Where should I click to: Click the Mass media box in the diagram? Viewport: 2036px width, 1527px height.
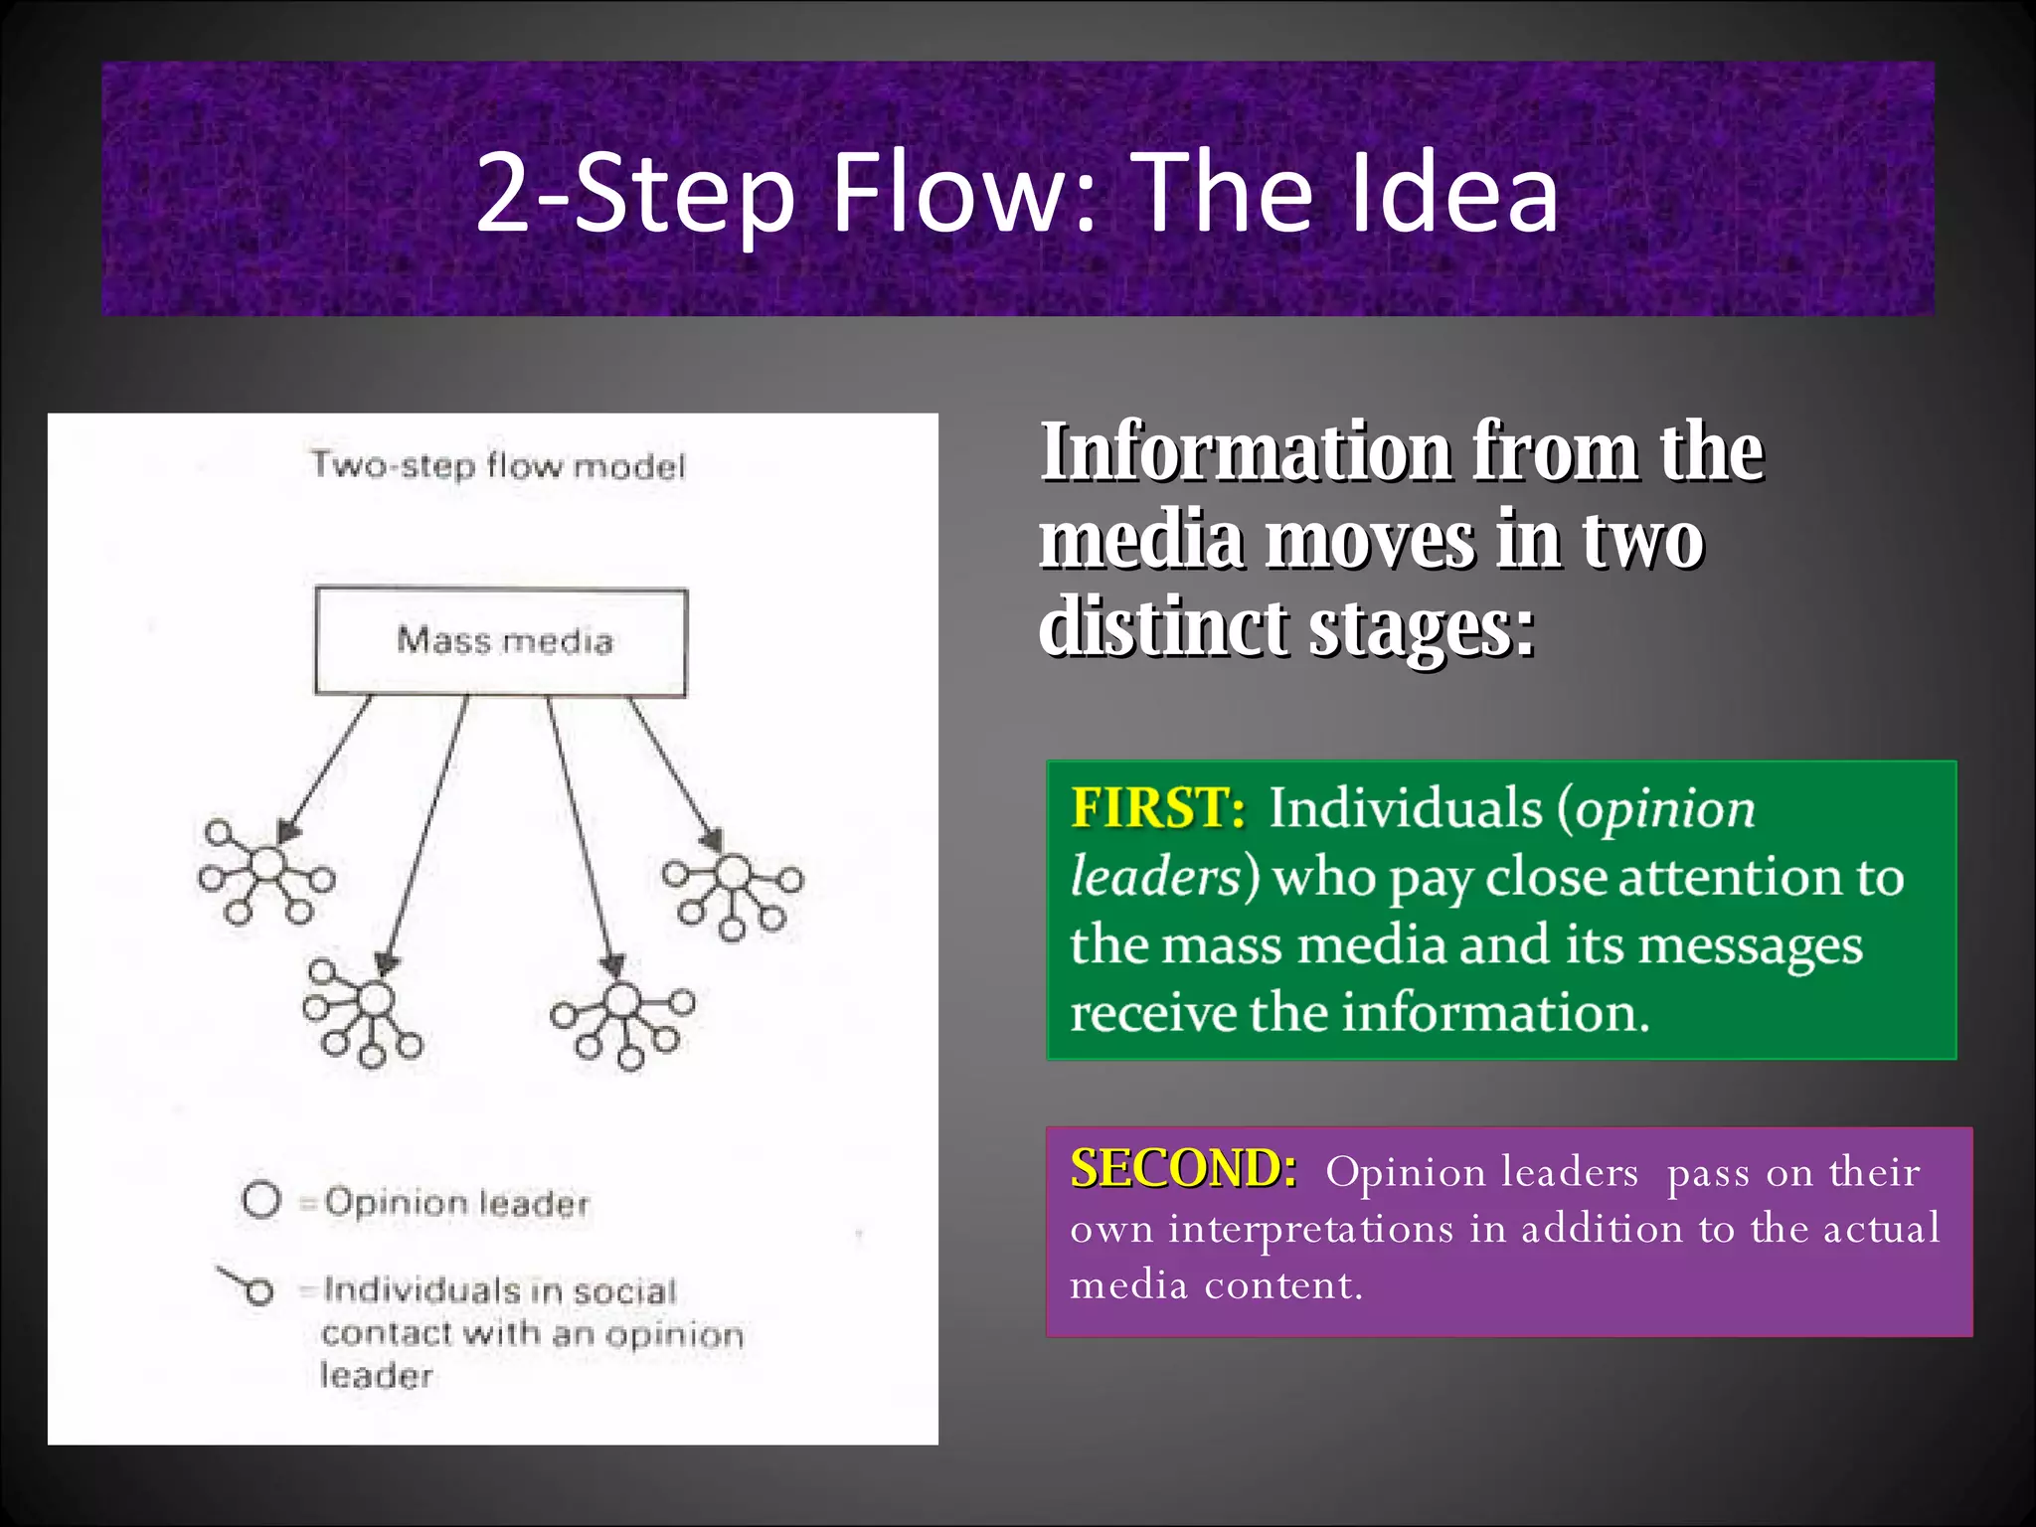pos(501,641)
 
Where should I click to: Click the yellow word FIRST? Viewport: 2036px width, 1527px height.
pos(1157,807)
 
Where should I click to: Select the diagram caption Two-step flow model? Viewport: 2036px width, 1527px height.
pos(498,465)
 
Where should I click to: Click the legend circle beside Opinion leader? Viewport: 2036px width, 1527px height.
pos(261,1200)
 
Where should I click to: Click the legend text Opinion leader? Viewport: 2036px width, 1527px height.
pos(457,1203)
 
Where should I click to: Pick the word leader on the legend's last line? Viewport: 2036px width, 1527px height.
pos(377,1376)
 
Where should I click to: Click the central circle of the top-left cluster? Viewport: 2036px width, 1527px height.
pos(266,865)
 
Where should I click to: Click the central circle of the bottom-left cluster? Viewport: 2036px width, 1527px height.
pos(374,997)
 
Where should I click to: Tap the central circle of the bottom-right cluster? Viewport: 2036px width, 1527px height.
pos(622,999)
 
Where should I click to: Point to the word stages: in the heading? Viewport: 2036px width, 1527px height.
pos(1422,628)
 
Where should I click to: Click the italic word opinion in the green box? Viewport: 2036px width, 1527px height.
pos(1666,809)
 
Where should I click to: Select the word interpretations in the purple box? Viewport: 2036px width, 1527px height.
pos(1310,1229)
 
